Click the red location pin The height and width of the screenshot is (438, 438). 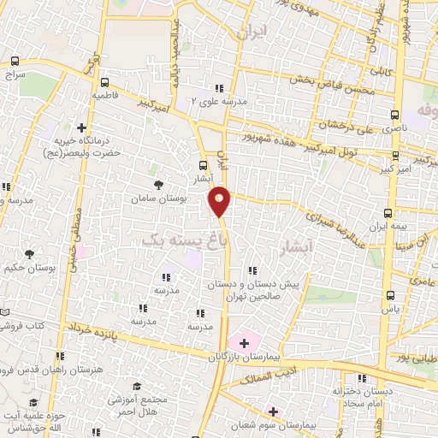[221, 200]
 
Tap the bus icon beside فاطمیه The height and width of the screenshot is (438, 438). [104, 83]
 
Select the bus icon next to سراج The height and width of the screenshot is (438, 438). [15, 61]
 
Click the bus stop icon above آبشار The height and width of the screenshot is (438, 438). [203, 165]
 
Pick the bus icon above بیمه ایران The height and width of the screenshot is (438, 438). [388, 213]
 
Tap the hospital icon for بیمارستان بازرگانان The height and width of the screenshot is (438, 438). [245, 343]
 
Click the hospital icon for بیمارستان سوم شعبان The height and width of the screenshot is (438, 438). [273, 411]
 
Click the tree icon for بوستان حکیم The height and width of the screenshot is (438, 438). [30, 254]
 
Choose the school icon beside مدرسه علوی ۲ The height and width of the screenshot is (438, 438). [219, 88]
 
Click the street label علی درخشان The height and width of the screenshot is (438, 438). [347, 126]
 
